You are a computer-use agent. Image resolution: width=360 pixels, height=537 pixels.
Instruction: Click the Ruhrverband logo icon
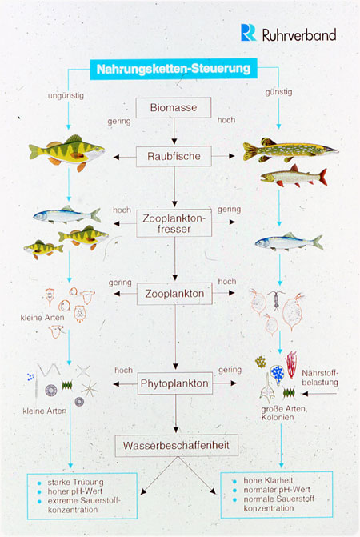[248, 33]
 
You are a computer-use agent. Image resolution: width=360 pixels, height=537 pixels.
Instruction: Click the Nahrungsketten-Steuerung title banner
[174, 69]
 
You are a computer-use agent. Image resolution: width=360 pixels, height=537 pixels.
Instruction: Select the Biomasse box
[173, 107]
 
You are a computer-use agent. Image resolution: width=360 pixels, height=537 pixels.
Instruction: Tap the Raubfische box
[174, 157]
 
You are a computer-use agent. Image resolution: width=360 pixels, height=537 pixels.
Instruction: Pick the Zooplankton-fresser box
[174, 223]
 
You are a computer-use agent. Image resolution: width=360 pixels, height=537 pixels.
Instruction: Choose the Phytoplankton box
[174, 383]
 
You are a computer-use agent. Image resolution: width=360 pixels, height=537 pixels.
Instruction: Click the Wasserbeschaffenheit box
[176, 446]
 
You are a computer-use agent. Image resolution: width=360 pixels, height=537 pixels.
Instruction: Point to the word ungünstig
[66, 96]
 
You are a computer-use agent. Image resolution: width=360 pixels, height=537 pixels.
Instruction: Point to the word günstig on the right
[278, 92]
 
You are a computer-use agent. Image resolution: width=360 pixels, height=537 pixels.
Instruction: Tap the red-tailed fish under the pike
[294, 176]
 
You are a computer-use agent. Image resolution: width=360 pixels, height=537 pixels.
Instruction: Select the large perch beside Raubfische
[66, 153]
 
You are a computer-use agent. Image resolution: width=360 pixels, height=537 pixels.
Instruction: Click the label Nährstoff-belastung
[320, 378]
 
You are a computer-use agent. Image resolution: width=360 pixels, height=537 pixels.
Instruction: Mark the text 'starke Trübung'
[75, 483]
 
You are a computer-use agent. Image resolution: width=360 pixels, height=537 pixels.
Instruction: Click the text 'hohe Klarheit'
[268, 480]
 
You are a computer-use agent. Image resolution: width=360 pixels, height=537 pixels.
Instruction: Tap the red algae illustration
[291, 364]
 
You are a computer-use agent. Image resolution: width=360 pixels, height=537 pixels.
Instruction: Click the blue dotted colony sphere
[277, 373]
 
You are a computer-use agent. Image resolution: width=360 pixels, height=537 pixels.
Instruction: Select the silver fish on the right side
[289, 242]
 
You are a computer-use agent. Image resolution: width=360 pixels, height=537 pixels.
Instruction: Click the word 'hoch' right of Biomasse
[226, 120]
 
